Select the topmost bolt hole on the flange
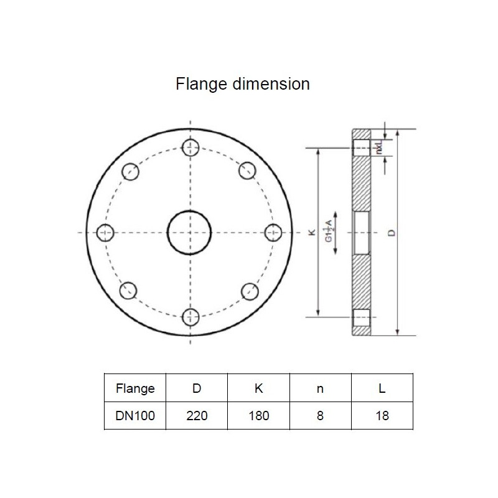point(190,148)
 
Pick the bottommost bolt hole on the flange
point(190,317)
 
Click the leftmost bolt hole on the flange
point(106,232)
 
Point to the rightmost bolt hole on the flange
point(274,232)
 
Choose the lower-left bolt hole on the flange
point(129,291)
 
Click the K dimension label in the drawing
point(312,233)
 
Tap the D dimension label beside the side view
point(391,233)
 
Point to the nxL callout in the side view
point(378,147)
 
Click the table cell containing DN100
point(135,415)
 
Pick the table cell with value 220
point(197,415)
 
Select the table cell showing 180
point(258,415)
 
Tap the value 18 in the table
point(382,415)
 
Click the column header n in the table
point(320,388)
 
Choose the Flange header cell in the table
point(135,388)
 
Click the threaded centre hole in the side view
point(362,233)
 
